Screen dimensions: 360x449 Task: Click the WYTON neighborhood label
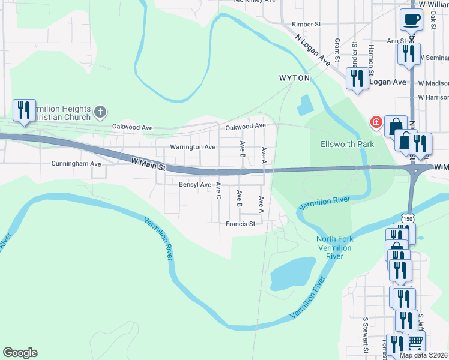294,78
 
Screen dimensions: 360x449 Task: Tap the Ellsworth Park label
347,144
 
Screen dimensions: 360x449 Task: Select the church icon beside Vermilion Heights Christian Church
100,112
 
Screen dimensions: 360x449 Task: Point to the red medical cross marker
376,122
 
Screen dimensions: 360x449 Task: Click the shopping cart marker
415,342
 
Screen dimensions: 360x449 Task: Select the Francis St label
241,224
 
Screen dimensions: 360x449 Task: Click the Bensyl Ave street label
195,185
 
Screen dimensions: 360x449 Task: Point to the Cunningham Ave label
76,163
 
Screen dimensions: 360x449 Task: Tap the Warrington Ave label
193,147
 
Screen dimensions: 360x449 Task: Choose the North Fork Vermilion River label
334,247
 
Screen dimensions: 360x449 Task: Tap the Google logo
20,353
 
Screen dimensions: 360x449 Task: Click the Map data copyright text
423,355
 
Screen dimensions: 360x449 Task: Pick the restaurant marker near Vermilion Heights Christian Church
24,110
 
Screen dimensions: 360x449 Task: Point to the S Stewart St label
364,336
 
